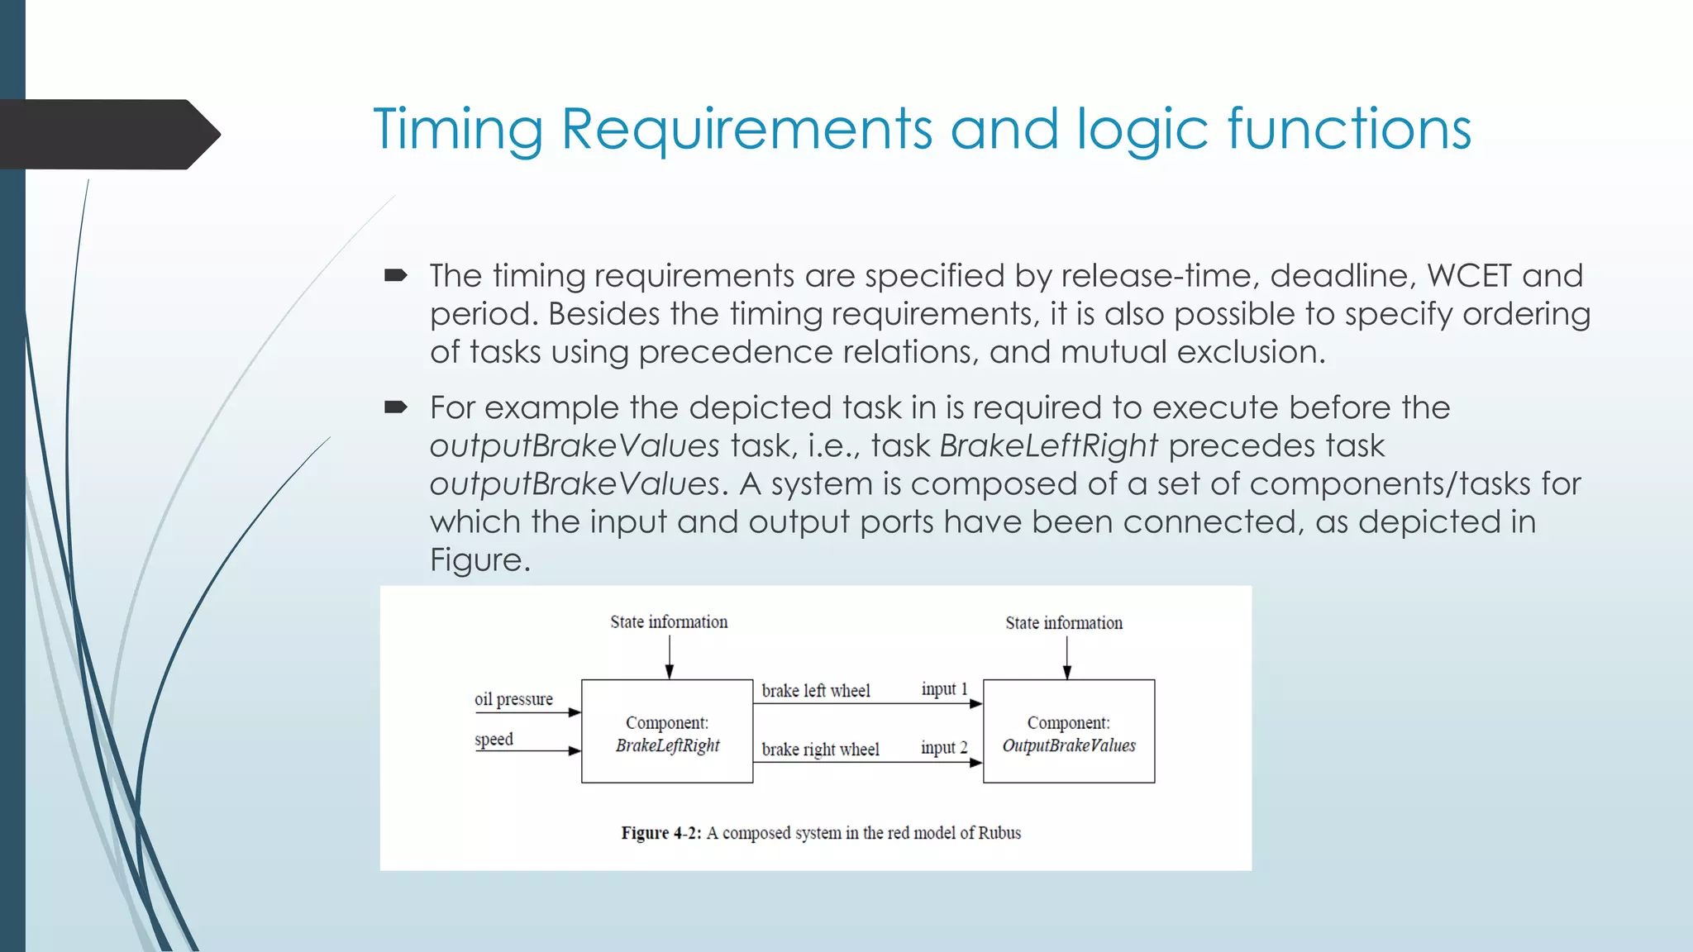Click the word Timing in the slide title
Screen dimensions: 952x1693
(x=457, y=130)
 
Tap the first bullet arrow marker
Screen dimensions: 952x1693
(x=396, y=275)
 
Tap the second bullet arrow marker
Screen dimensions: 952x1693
(x=396, y=407)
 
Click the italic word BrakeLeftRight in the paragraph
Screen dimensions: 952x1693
(x=1048, y=446)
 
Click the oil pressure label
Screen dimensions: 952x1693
(x=513, y=699)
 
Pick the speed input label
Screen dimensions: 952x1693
(x=494, y=740)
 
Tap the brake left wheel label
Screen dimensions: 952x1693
(x=815, y=691)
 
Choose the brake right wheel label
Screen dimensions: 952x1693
(x=820, y=750)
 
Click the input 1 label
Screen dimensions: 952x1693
(x=944, y=689)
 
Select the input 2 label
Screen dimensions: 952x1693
(x=944, y=748)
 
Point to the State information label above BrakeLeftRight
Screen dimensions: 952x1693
(x=669, y=622)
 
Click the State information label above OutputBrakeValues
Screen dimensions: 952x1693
(x=1064, y=623)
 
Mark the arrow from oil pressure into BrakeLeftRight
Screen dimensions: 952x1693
(x=529, y=712)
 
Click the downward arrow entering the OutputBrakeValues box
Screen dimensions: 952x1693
(x=1066, y=659)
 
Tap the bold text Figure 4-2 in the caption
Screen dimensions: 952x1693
(x=661, y=833)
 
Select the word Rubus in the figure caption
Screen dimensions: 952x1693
(x=999, y=833)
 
